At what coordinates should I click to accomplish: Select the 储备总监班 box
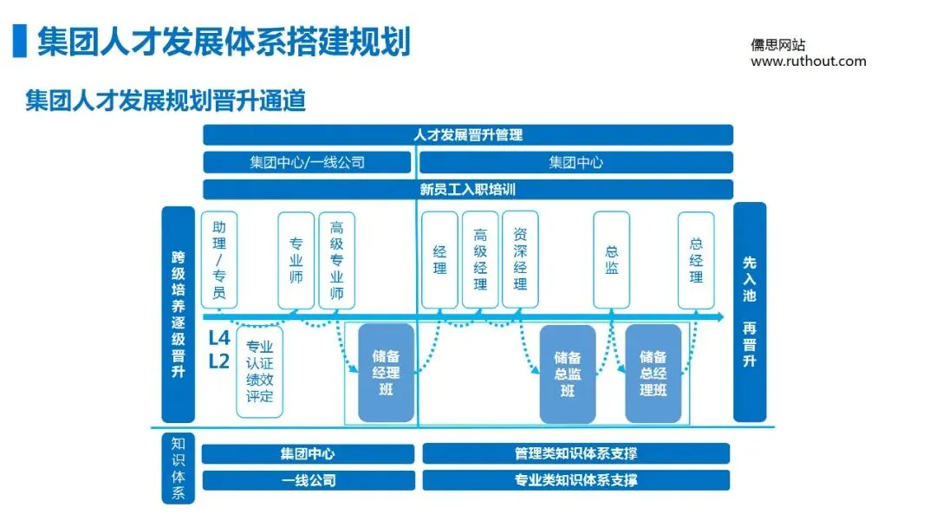[x=568, y=374]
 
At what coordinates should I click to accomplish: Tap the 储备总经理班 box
[x=653, y=374]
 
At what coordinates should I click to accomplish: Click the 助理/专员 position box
[x=219, y=260]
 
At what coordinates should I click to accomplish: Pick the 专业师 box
[x=296, y=260]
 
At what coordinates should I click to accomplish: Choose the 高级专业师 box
[x=337, y=260]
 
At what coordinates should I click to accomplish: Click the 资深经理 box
[x=520, y=260]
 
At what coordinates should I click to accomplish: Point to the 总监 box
[x=612, y=260]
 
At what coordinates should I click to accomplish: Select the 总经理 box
[x=696, y=260]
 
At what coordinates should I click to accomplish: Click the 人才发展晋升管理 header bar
[x=468, y=135]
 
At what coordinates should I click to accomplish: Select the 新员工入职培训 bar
[x=468, y=190]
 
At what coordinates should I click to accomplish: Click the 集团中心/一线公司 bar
[x=307, y=163]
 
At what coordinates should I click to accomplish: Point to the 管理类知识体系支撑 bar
[x=576, y=453]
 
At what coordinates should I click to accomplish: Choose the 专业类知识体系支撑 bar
[x=576, y=480]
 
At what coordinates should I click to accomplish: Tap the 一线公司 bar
[x=308, y=480]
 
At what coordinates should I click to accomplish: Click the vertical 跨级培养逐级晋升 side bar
[x=178, y=314]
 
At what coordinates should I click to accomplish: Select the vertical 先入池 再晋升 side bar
[x=750, y=312]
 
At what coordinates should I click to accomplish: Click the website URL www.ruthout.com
[x=808, y=62]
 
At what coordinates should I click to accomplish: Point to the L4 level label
[x=219, y=338]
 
